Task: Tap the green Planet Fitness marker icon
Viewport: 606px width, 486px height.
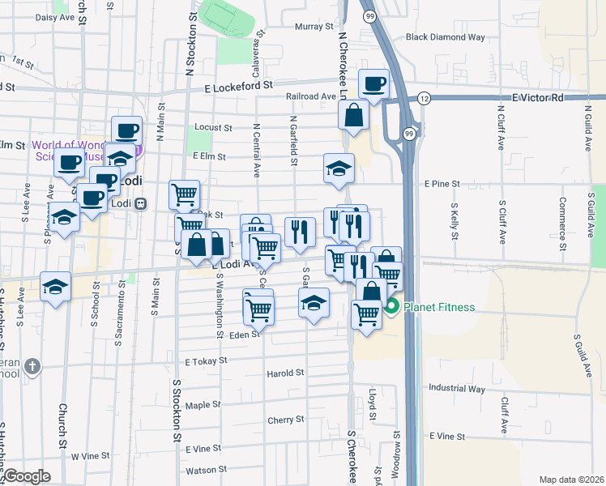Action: click(x=392, y=307)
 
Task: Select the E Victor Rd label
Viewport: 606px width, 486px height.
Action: click(x=537, y=97)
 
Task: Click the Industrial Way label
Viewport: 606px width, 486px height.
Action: click(x=458, y=389)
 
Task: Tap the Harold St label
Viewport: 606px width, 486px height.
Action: click(x=285, y=373)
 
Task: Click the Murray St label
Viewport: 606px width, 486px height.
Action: click(x=314, y=27)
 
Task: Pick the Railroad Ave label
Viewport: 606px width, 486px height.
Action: click(x=310, y=96)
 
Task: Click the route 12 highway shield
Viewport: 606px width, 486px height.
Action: click(x=425, y=98)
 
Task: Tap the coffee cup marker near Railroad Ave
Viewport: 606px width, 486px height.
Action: click(x=373, y=83)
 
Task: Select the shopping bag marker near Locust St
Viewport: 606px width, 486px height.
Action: click(x=354, y=115)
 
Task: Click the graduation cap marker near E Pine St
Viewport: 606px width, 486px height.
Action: click(x=339, y=168)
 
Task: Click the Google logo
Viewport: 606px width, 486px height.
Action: click(x=27, y=476)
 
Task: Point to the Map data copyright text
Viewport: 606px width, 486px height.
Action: click(x=571, y=480)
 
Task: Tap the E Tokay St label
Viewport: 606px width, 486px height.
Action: click(x=203, y=362)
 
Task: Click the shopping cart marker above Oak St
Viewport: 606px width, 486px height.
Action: click(x=184, y=194)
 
